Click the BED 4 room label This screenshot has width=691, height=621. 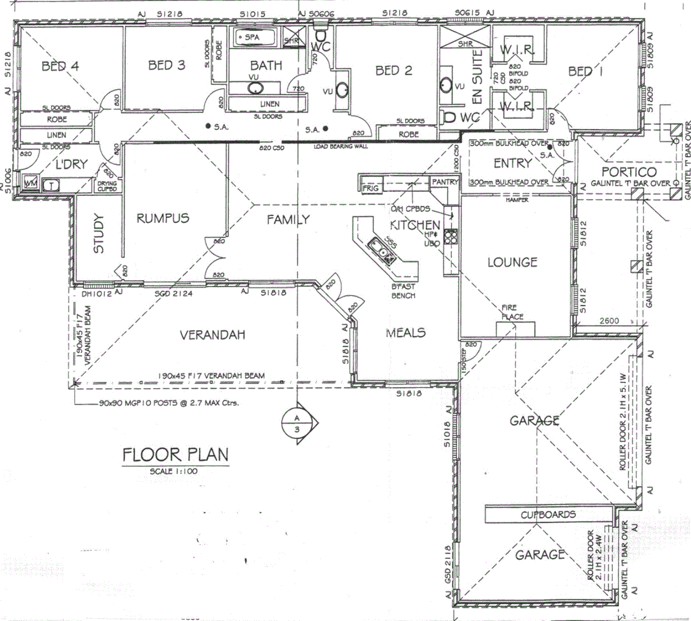[x=60, y=67]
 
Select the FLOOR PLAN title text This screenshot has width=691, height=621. [x=175, y=454]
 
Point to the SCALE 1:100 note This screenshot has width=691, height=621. [x=174, y=471]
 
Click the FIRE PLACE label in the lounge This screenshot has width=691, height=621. [x=512, y=312]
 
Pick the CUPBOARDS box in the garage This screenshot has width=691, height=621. [x=547, y=515]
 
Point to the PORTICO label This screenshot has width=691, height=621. [x=628, y=172]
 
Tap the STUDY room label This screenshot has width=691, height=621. [x=99, y=233]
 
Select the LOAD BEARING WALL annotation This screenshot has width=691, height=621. [x=340, y=147]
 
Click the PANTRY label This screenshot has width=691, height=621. [x=445, y=182]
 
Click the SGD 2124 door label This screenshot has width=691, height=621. [x=173, y=293]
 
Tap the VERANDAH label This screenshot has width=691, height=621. [x=212, y=335]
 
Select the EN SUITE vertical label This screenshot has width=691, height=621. [x=477, y=75]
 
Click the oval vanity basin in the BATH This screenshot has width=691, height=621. [x=255, y=89]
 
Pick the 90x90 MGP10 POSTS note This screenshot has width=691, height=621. [x=168, y=402]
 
